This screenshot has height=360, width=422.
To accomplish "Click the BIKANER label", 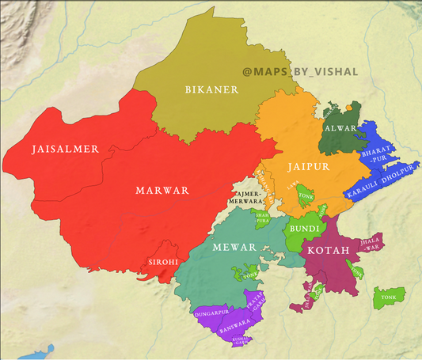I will (x=211, y=89).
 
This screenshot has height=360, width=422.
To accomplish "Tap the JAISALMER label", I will (x=65, y=149).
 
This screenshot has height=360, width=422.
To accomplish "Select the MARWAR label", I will (x=162, y=191).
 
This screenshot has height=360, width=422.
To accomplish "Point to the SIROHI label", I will (x=164, y=261).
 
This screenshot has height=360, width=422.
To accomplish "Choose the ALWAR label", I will (x=340, y=128).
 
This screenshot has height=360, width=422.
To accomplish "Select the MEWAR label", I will (x=234, y=247).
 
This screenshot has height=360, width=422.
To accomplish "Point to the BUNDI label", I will (x=304, y=229).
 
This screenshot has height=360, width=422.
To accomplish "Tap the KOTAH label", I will (x=328, y=251).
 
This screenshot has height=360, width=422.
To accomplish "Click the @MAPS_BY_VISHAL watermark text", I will (x=300, y=72).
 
